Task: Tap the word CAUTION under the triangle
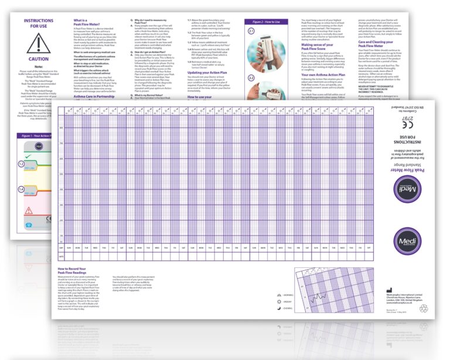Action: point(39,59)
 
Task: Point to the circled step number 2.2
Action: point(251,76)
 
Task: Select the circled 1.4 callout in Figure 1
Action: point(20,190)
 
